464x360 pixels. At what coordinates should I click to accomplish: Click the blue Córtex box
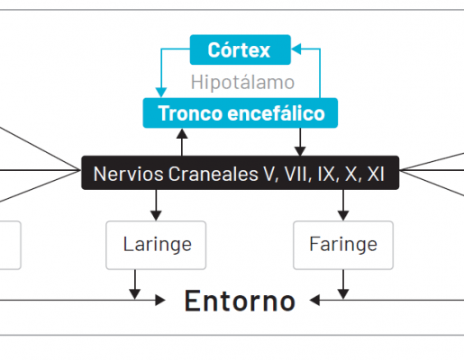[241, 49]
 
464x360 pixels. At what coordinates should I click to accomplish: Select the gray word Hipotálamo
[242, 82]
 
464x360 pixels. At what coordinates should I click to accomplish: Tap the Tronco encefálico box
[241, 113]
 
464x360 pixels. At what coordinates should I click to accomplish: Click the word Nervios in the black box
[129, 174]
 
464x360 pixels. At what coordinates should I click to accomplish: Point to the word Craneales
[213, 174]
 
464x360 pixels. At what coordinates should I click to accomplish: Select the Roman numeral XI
[376, 174]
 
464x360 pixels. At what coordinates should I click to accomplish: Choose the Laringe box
[156, 245]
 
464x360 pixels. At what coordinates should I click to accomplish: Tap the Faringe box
[343, 245]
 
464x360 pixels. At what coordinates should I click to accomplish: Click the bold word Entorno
[240, 301]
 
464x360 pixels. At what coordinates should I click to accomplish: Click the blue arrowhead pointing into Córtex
[296, 49]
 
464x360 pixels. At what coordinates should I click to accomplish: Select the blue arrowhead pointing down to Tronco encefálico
[161, 93]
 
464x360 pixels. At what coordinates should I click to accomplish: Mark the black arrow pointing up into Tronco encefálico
[182, 142]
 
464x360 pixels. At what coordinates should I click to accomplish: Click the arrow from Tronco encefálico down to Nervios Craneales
[300, 142]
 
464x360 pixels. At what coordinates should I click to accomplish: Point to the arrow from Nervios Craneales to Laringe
[156, 205]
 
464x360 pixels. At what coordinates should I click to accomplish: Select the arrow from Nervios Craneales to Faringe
[343, 205]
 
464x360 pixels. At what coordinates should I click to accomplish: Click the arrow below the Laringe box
[135, 284]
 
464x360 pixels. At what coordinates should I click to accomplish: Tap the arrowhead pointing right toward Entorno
[160, 300]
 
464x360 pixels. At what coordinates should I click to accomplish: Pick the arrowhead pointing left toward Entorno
[314, 300]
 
